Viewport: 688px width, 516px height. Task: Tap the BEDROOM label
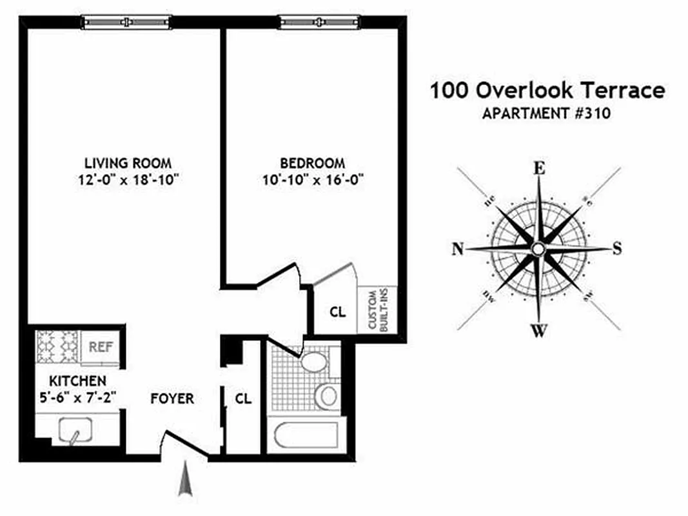pos(312,163)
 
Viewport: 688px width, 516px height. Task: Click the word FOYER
pos(172,399)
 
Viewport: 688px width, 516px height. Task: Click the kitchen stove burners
pos(57,347)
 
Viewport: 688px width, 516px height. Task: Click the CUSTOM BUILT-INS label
pos(377,310)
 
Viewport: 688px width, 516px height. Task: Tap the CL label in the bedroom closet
pos(338,312)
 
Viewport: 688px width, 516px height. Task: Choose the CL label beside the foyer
pos(243,399)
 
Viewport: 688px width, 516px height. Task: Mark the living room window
pos(126,23)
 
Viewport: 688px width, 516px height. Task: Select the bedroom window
pos(319,23)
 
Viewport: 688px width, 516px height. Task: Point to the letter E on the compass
pos(539,169)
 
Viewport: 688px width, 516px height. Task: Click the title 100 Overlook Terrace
pos(547,90)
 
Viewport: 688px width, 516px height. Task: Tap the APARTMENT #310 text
pos(546,114)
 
